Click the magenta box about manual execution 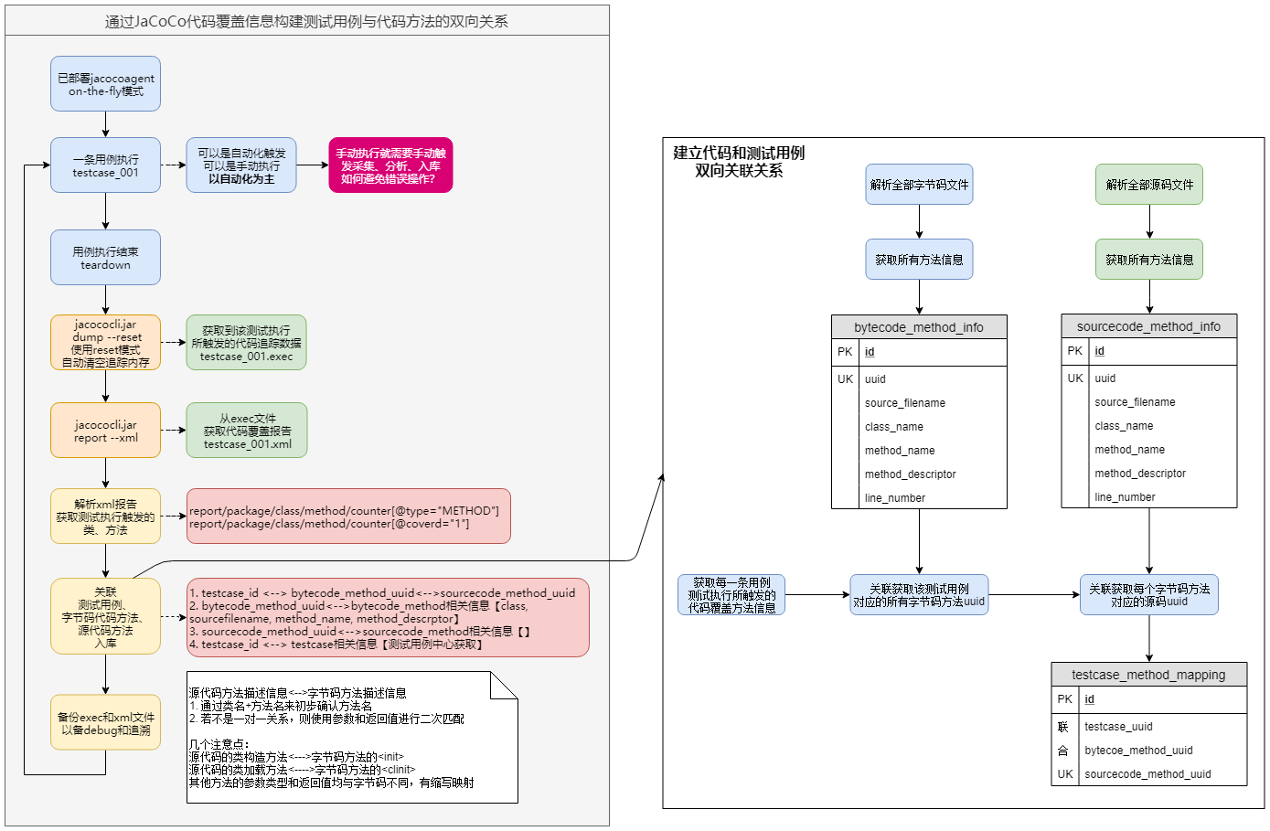(390, 165)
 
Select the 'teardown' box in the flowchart (105, 258)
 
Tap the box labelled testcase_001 (105, 165)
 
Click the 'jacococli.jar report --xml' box (105, 431)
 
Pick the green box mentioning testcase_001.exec (246, 343)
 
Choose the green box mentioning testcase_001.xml (247, 431)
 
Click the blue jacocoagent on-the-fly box (105, 84)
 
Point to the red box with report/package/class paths (348, 517)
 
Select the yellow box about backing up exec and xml (105, 723)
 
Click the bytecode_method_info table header (919, 327)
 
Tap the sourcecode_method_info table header (1148, 326)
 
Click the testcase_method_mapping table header (1148, 675)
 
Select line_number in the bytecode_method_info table (895, 497)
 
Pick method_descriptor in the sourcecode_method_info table (1140, 473)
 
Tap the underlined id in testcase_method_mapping (1089, 699)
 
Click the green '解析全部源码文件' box (1149, 185)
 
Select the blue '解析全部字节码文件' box (919, 185)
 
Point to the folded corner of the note (504, 686)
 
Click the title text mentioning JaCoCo (306, 22)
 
